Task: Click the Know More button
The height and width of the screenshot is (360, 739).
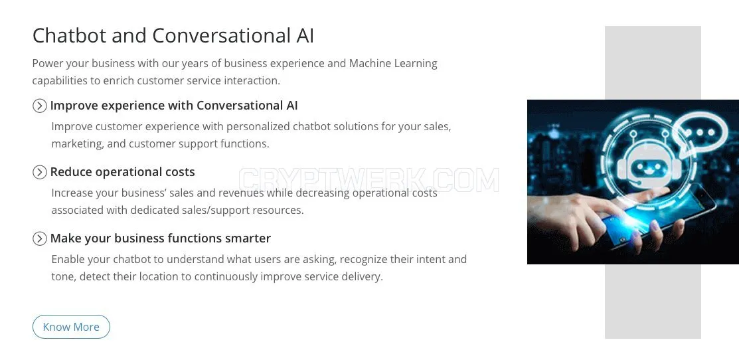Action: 71,327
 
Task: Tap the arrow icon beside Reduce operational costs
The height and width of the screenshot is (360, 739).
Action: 40,172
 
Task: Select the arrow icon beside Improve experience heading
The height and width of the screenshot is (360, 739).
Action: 40,106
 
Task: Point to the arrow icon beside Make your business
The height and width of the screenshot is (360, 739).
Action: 40,238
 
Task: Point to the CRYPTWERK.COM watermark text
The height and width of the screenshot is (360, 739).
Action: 369,180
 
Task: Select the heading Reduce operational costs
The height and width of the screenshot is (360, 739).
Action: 123,172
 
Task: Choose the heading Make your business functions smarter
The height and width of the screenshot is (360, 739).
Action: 161,238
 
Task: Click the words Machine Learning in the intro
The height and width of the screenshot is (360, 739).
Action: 393,64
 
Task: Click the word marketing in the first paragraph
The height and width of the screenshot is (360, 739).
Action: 77,143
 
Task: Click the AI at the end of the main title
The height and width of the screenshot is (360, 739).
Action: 305,36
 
